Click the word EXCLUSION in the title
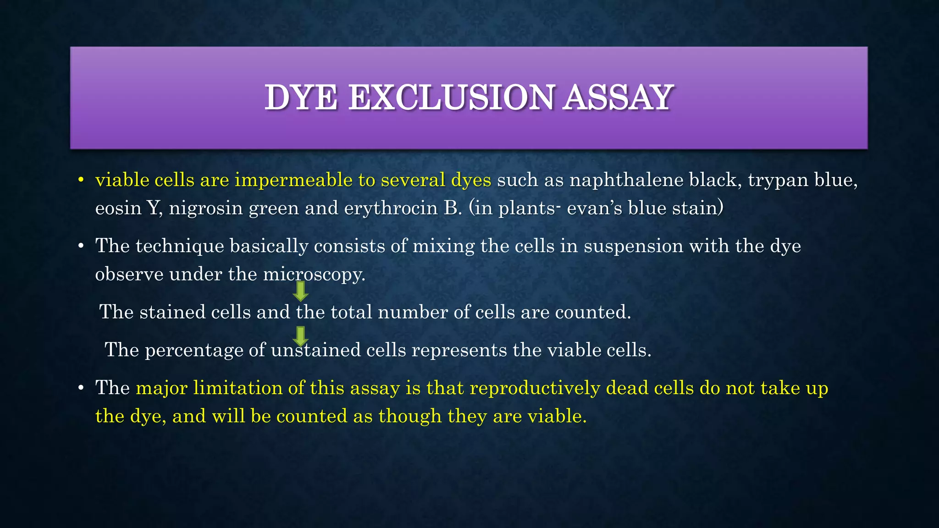pyautogui.click(x=451, y=98)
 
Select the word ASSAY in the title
pyautogui.click(x=618, y=98)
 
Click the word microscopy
pyautogui.click(x=314, y=275)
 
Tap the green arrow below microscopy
pyautogui.click(x=300, y=291)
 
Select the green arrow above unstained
pyautogui.click(x=300, y=336)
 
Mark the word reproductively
pyautogui.click(x=535, y=388)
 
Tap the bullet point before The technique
pyautogui.click(x=81, y=247)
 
